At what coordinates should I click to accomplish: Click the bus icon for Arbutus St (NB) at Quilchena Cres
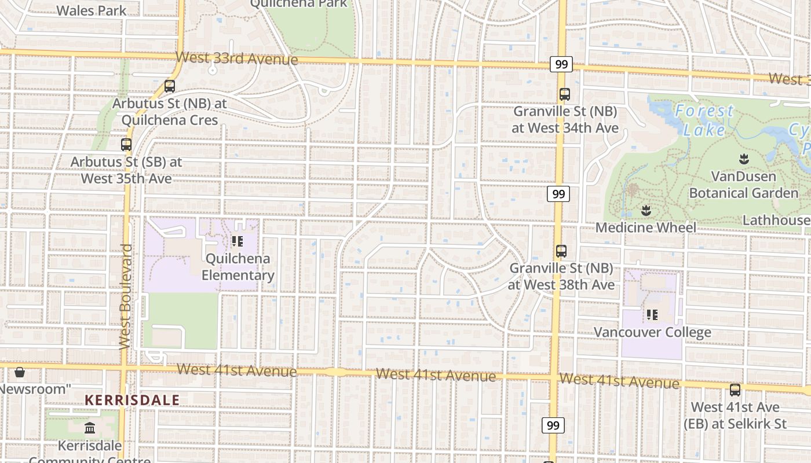pos(170,86)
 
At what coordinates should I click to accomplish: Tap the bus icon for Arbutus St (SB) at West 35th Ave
pos(126,145)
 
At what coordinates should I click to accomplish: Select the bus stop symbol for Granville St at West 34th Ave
pos(565,94)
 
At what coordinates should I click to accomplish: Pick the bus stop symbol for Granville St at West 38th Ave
pos(561,251)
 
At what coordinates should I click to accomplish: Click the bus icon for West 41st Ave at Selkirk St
pos(735,390)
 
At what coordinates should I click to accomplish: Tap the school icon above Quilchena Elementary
pos(237,241)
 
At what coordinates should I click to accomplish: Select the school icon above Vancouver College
pos(652,315)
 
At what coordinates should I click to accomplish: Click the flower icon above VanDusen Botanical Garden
pos(744,159)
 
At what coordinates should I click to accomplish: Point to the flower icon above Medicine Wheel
pos(646,210)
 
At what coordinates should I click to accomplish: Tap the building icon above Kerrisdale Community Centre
pos(90,428)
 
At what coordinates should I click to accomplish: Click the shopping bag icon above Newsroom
pos(20,372)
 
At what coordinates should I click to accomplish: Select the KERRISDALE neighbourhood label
pos(132,400)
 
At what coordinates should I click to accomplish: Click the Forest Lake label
pos(704,120)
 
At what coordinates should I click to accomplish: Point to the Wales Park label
pos(92,10)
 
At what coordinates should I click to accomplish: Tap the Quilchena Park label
pos(298,4)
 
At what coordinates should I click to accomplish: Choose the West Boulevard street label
pos(125,296)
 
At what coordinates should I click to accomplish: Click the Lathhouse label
pos(776,220)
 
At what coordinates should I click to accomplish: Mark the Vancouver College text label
pos(652,332)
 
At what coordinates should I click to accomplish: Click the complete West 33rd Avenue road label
pos(237,58)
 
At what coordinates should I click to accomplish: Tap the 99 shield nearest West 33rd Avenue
pos(561,64)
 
